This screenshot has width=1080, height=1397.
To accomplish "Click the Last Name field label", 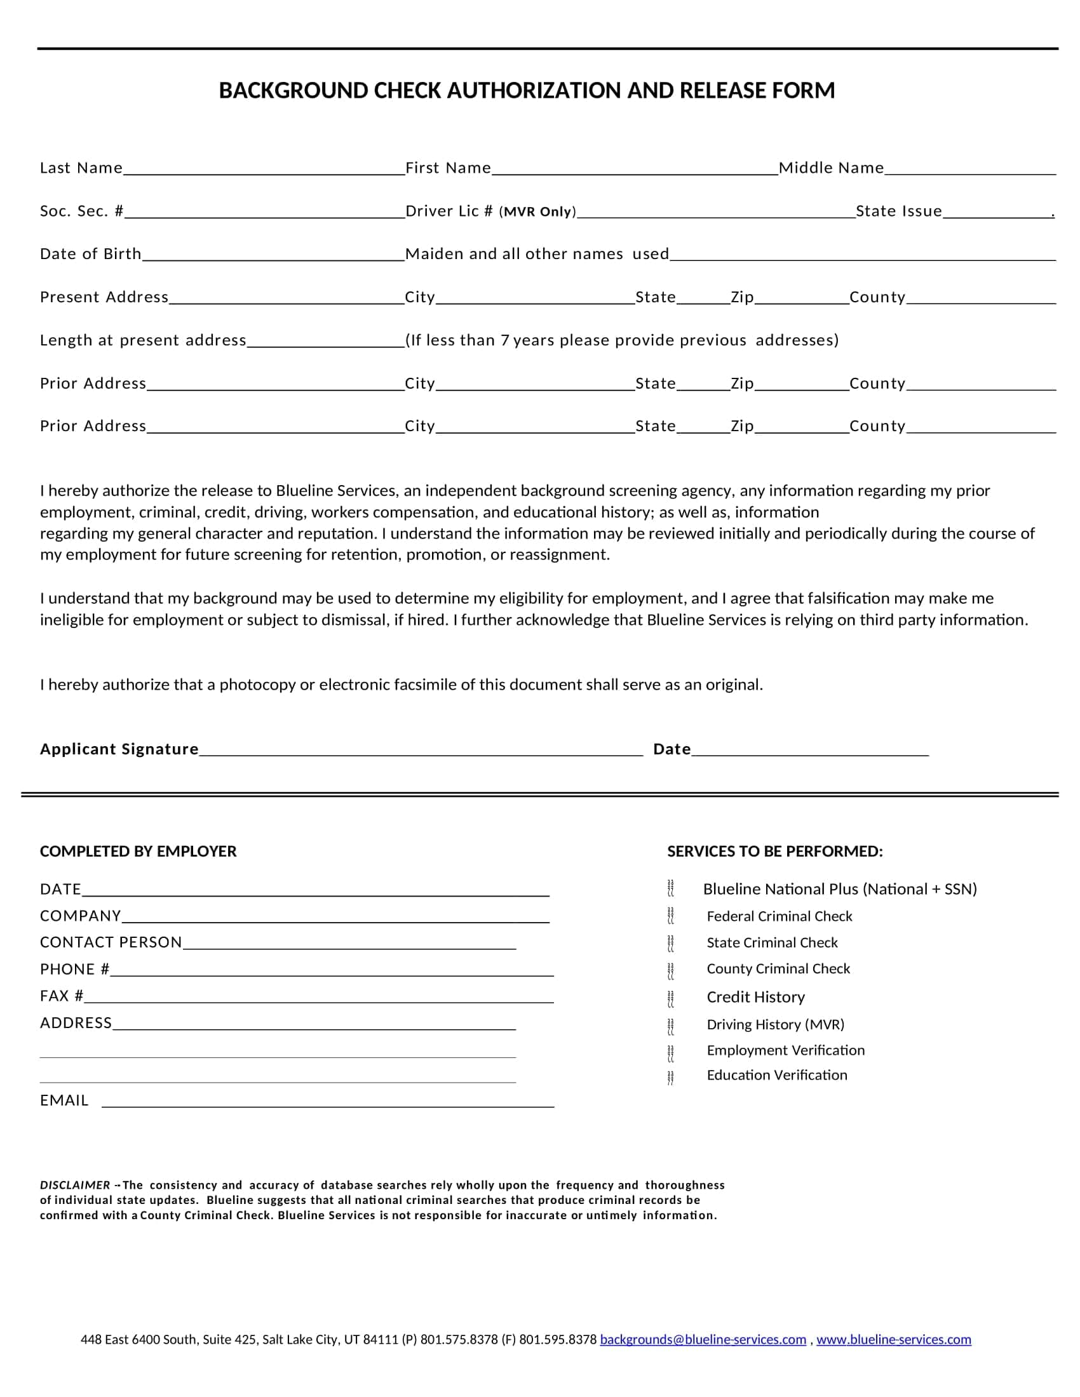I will click(x=81, y=168).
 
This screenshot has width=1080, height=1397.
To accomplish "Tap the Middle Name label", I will click(x=831, y=168).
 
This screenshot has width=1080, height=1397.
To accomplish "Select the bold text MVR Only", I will click(x=537, y=211).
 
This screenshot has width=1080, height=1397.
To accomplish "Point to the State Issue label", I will click(x=899, y=211).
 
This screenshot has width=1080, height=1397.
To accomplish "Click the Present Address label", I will click(x=104, y=297).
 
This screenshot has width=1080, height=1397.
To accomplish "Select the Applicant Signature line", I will click(x=421, y=751).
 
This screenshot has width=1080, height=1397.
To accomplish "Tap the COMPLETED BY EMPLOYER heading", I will click(x=138, y=852).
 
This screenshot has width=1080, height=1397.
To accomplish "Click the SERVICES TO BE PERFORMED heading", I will click(x=775, y=852).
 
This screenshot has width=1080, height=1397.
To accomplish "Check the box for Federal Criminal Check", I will click(x=670, y=916).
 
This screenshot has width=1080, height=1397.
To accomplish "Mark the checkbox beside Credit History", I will click(x=670, y=997).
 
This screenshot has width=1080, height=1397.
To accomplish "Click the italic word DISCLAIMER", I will click(x=75, y=1185).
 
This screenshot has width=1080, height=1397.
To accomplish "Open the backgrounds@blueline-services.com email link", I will click(x=703, y=1339).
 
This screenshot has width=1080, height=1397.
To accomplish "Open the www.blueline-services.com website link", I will click(x=893, y=1339).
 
